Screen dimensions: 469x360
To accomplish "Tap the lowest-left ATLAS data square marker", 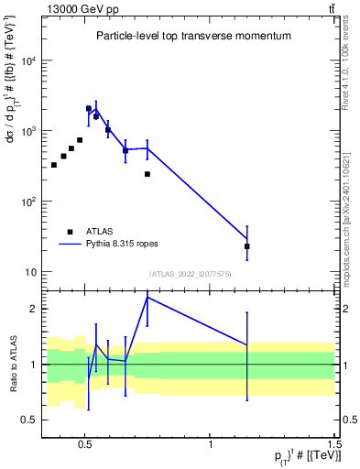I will click(54, 165).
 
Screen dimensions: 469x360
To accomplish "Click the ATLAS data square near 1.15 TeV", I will click(247, 246).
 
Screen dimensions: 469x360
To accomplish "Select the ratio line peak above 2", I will click(147, 297).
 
